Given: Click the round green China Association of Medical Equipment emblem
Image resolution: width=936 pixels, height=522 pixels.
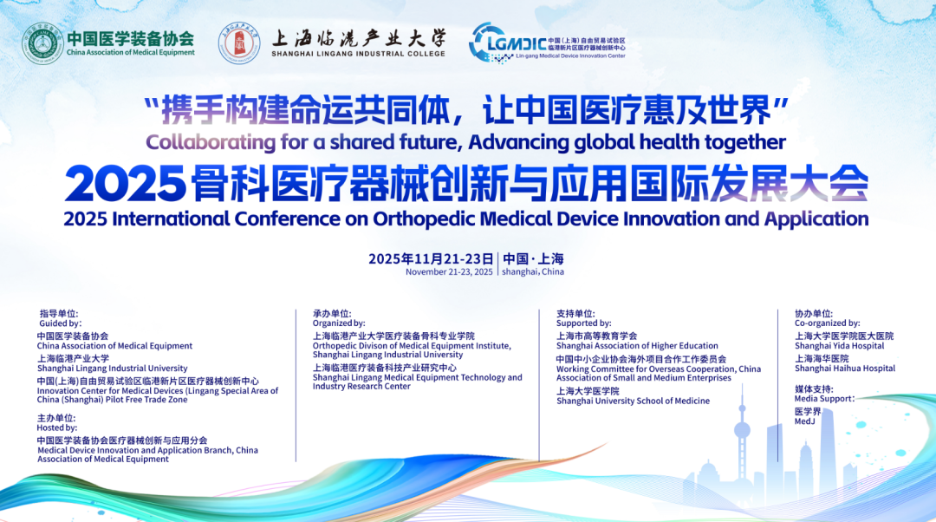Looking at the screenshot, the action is coord(43,43).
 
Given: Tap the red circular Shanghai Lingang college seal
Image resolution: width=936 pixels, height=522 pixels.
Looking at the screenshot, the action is coord(239,43).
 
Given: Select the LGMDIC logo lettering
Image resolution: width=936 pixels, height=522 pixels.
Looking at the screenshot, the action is coord(517,43).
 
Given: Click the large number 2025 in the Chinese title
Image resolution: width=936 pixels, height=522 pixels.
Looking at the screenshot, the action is coord(125,183).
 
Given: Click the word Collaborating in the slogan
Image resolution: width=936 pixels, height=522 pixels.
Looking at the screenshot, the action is coord(211,142).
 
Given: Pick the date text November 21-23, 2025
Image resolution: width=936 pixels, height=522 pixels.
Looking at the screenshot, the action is coord(449,271).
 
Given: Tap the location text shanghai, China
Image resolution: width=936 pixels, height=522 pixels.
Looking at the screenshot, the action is coord(532,271).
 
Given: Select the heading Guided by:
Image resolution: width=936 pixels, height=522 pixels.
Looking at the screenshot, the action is coord(60,323).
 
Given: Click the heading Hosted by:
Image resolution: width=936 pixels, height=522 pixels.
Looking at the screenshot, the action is coord(57,427).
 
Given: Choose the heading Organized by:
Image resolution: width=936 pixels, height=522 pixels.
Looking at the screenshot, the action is coord(339,323).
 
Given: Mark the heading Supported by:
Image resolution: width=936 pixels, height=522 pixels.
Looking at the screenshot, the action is coord(584,323).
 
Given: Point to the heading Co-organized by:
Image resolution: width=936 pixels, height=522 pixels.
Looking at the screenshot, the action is coord(828,323).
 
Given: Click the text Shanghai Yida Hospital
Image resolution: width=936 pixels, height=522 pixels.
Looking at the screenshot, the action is coord(839,346).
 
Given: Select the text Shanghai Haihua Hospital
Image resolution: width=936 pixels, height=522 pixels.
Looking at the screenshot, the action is coord(845,369).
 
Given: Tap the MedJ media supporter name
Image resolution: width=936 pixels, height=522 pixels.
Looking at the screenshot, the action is coord(804,421).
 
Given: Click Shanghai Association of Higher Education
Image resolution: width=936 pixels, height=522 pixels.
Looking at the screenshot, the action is coord(637,346).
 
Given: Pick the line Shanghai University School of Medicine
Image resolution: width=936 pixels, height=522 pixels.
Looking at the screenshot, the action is coord(634,401).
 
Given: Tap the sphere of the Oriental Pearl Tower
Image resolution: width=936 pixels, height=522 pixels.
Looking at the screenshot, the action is coord(742,429).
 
